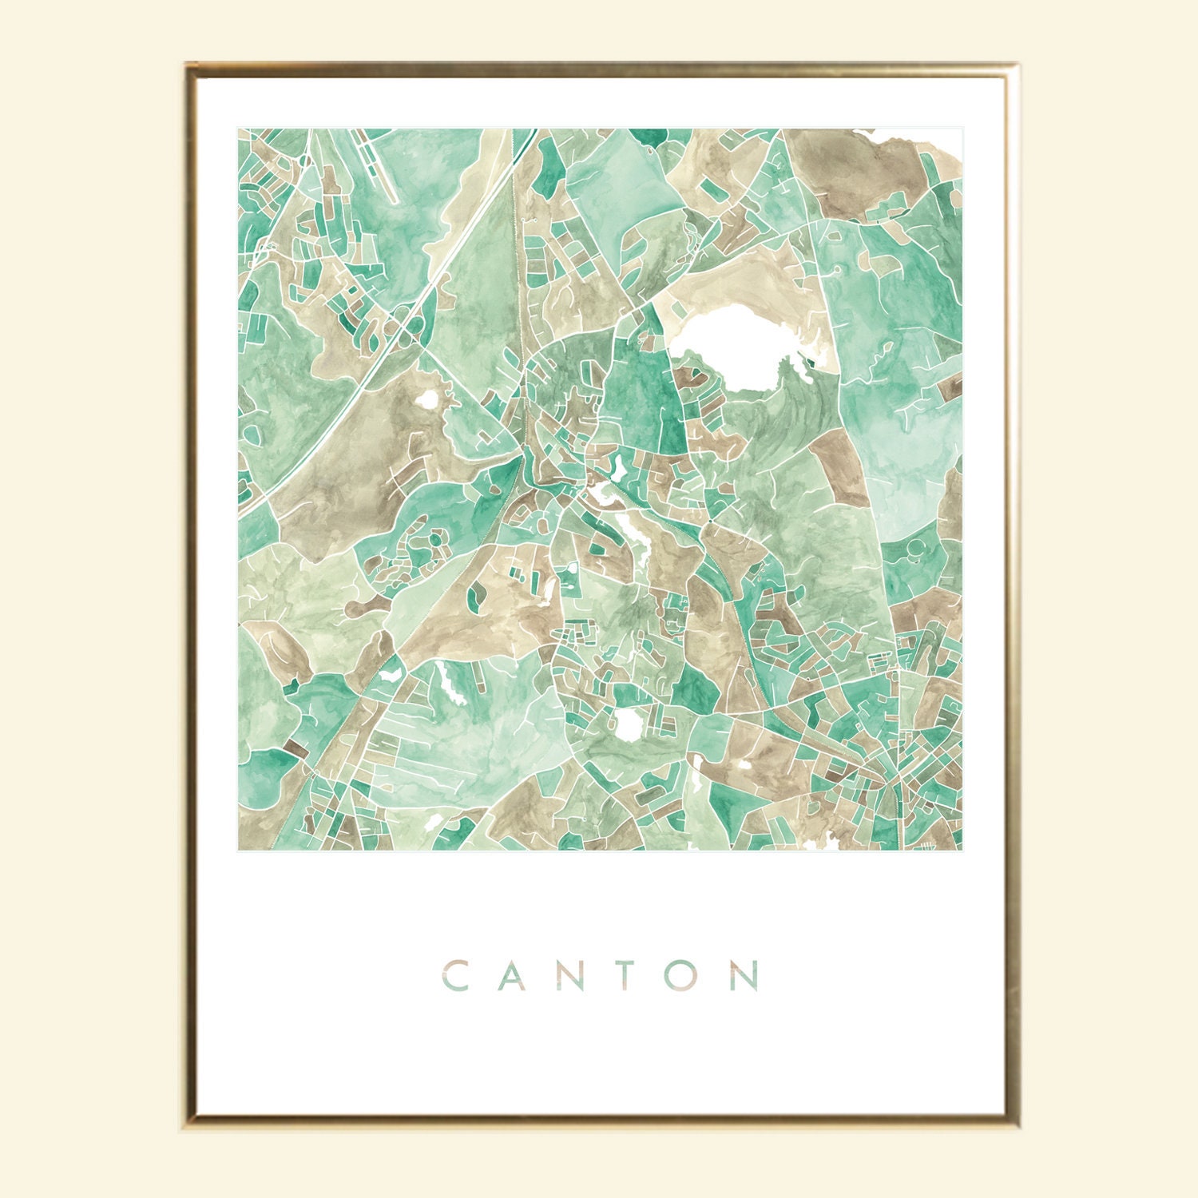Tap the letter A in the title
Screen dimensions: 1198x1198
click(512, 976)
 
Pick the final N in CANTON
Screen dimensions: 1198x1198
click(744, 976)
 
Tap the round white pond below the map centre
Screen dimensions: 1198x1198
click(630, 723)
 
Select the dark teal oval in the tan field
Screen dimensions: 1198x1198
click(477, 594)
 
